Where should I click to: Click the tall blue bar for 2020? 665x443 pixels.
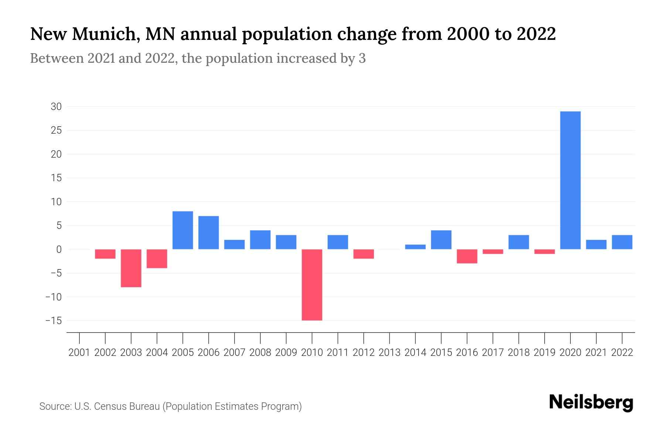click(x=570, y=180)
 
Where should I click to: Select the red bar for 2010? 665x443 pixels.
click(x=312, y=285)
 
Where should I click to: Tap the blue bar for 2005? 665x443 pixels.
click(x=183, y=230)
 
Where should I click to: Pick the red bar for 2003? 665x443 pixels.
click(x=131, y=268)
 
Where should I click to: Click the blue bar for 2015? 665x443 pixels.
click(x=441, y=240)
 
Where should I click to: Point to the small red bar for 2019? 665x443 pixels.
click(x=545, y=252)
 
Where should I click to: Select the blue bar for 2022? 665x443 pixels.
click(x=622, y=242)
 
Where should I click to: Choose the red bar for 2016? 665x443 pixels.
click(x=467, y=256)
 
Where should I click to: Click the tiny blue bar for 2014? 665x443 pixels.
click(x=415, y=247)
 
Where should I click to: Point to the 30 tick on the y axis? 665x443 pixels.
click(x=56, y=107)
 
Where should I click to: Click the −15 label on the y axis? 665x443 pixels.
click(x=53, y=320)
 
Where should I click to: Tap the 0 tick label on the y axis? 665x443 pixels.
click(x=59, y=250)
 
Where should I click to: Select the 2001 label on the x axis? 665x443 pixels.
click(x=79, y=353)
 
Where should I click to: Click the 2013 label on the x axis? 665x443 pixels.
click(x=389, y=353)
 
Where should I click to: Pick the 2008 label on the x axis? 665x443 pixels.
click(x=260, y=353)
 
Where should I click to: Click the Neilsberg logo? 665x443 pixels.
click(x=591, y=402)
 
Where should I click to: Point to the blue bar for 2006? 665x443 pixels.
click(x=208, y=233)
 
